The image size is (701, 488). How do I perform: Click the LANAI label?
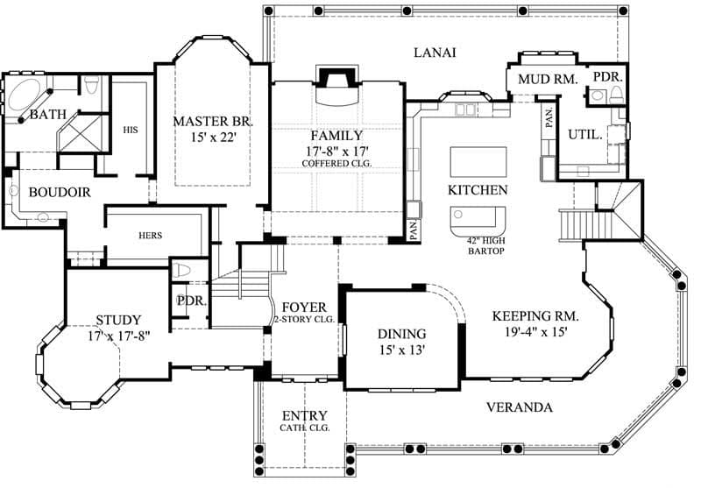435,53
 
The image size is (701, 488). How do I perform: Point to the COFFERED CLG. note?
336,163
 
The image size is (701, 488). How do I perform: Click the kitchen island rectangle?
478,162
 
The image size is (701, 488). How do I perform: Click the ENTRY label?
304,415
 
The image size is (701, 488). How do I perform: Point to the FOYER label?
304,308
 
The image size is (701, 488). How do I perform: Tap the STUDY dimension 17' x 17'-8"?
118,335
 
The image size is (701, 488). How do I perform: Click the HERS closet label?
152,236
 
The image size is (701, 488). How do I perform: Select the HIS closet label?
131,130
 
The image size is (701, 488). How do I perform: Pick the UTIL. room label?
584,135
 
